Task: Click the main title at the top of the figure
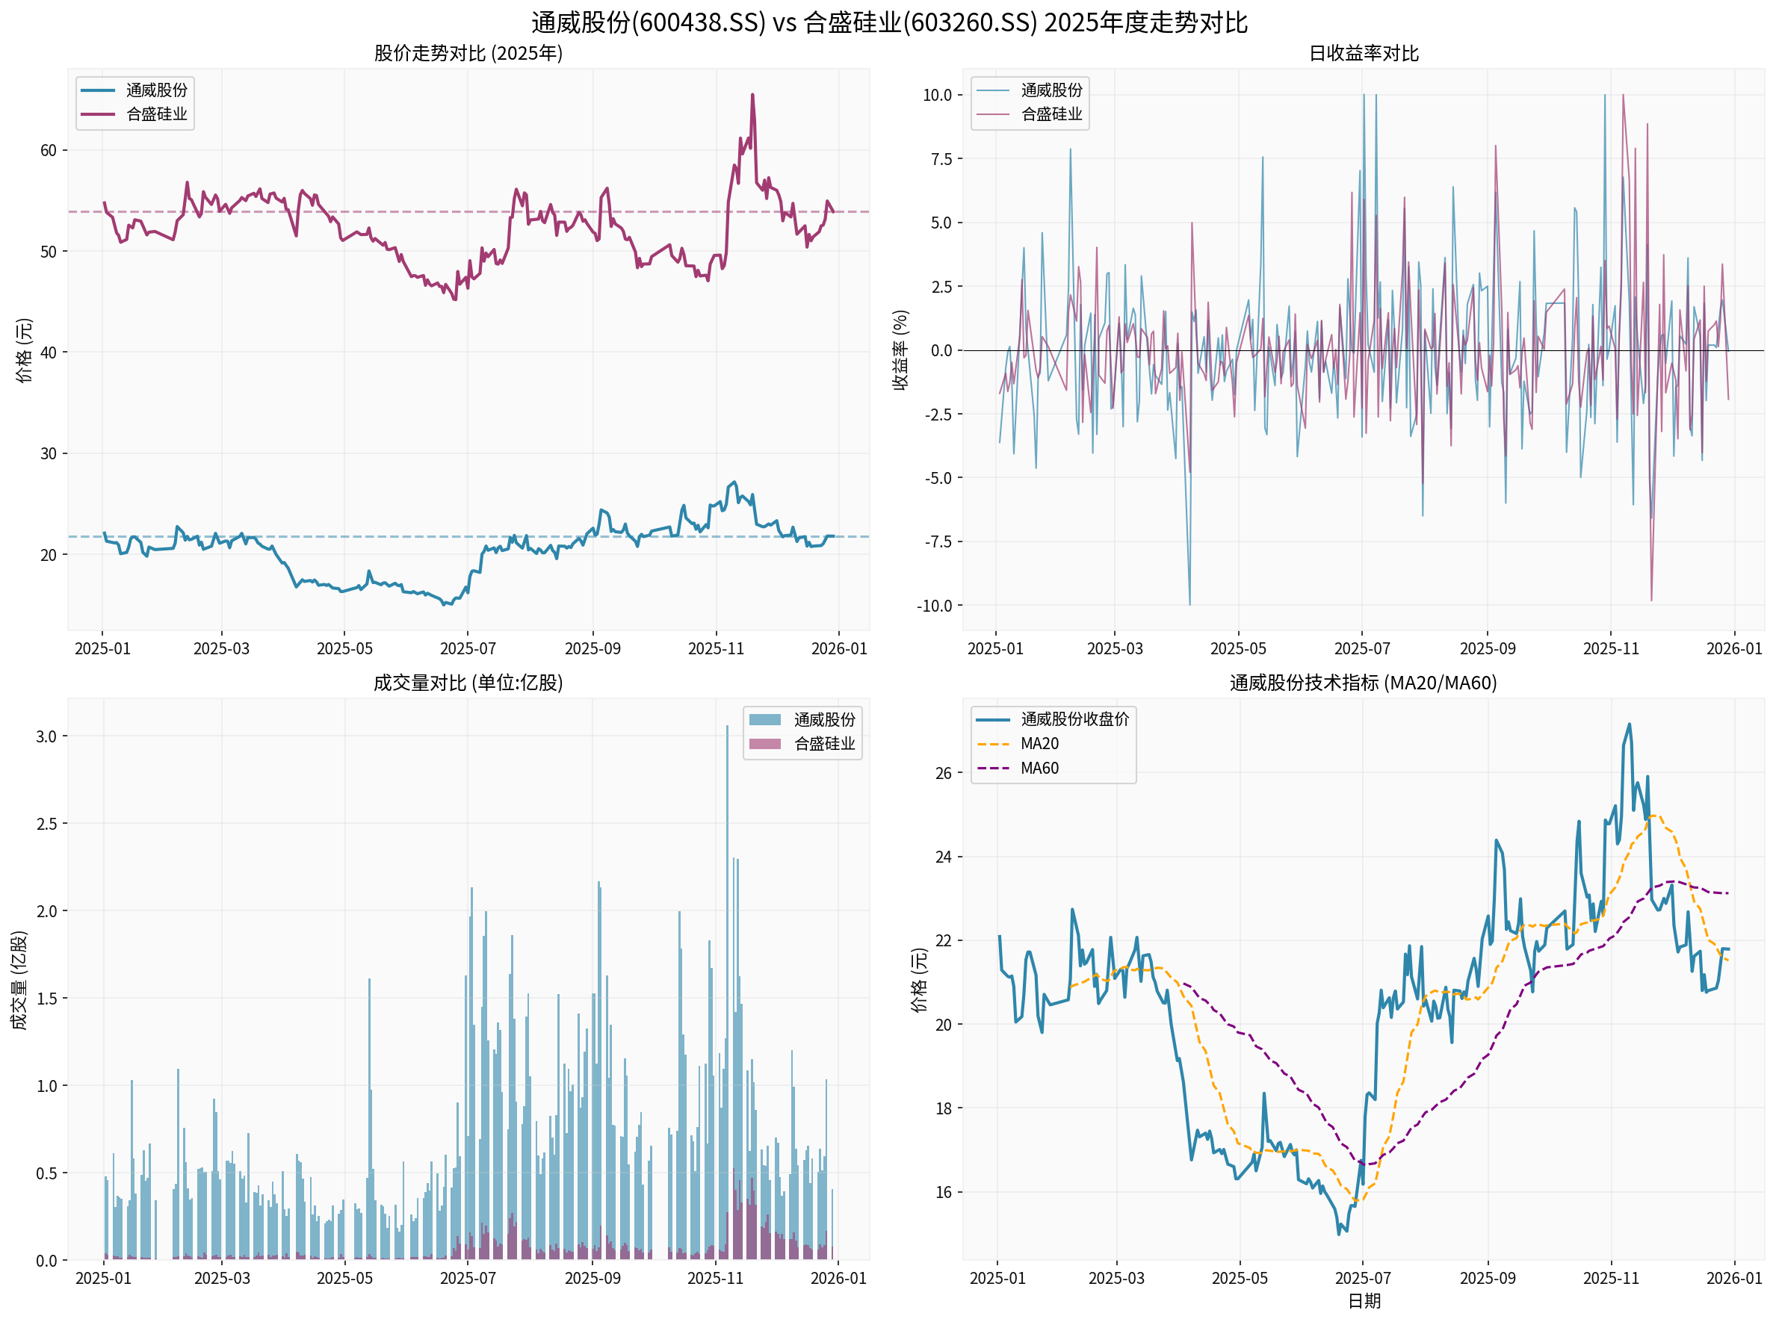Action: click(x=888, y=22)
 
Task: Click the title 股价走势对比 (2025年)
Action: click(x=468, y=54)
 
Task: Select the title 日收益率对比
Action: click(x=1363, y=54)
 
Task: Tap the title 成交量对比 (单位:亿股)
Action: click(x=468, y=683)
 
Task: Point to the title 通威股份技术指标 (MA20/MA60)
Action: click(x=1363, y=683)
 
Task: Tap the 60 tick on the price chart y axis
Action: click(x=48, y=150)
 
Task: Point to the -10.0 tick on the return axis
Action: click(x=934, y=606)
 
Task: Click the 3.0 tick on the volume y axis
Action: click(x=46, y=736)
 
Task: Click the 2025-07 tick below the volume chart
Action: click(x=468, y=1278)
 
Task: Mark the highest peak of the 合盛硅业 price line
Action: click(x=752, y=96)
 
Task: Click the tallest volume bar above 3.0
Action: click(x=727, y=727)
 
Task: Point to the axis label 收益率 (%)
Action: click(x=900, y=350)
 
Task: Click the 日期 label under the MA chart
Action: click(x=1363, y=1301)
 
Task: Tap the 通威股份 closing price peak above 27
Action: click(x=1629, y=725)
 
